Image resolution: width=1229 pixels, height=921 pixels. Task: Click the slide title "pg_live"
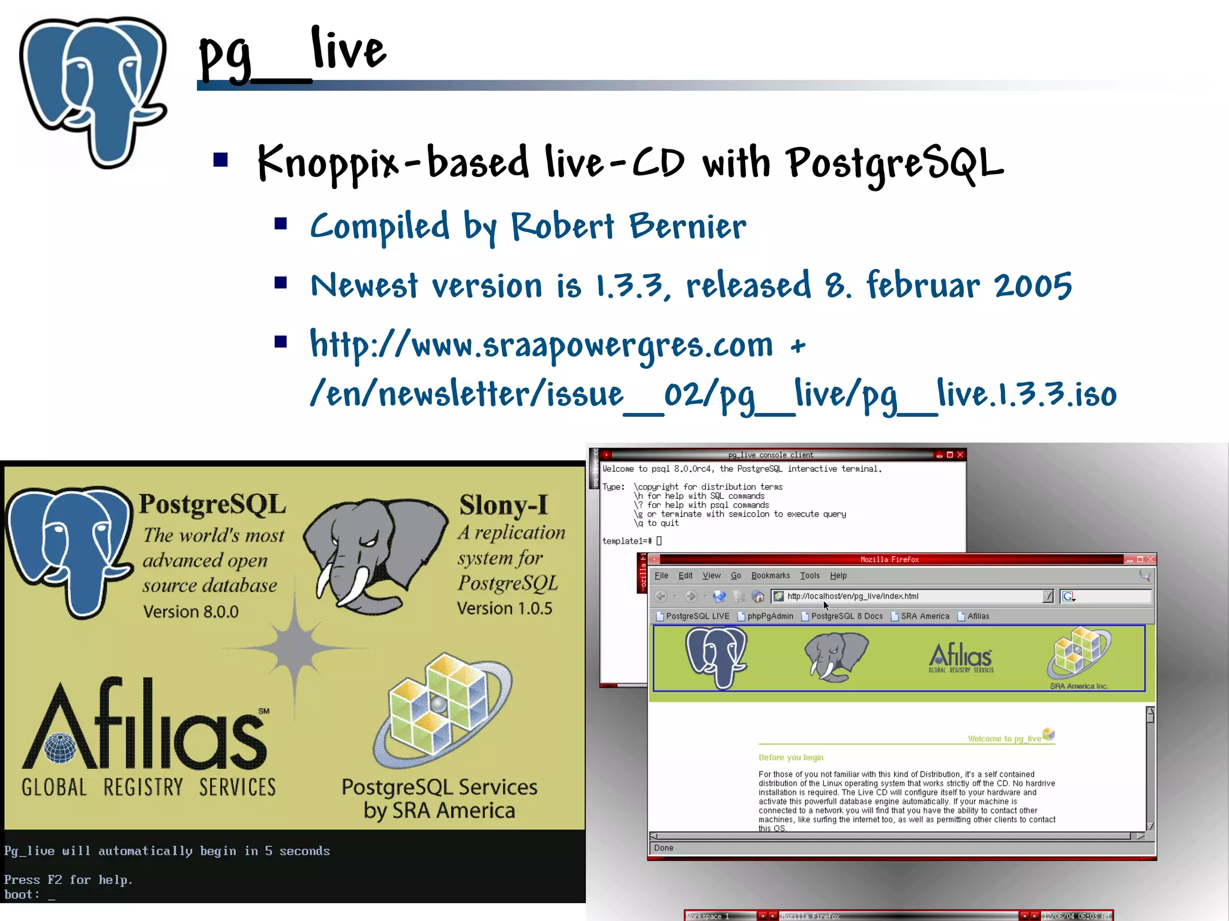click(293, 54)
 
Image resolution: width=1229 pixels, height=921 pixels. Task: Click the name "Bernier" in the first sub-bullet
click(687, 226)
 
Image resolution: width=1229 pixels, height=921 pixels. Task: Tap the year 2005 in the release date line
click(1032, 286)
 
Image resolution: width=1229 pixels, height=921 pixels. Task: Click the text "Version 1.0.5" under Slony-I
click(504, 608)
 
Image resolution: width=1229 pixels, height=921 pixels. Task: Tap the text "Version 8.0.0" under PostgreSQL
click(191, 612)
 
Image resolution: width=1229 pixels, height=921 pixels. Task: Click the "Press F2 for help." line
click(68, 880)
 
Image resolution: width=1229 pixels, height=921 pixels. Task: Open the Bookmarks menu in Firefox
click(771, 575)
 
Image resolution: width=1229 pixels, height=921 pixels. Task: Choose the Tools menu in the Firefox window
click(810, 575)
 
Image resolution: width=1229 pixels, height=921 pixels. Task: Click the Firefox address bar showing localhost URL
click(906, 596)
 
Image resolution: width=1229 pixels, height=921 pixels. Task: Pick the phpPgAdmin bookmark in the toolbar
click(770, 616)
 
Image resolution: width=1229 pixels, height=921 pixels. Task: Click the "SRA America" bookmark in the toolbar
click(925, 616)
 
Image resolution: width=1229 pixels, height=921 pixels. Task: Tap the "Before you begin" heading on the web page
click(791, 758)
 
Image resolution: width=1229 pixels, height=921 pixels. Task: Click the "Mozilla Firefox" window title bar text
click(889, 560)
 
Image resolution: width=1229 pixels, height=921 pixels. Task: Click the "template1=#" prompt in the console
click(627, 541)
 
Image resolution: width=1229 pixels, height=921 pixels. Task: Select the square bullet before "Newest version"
click(281, 283)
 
